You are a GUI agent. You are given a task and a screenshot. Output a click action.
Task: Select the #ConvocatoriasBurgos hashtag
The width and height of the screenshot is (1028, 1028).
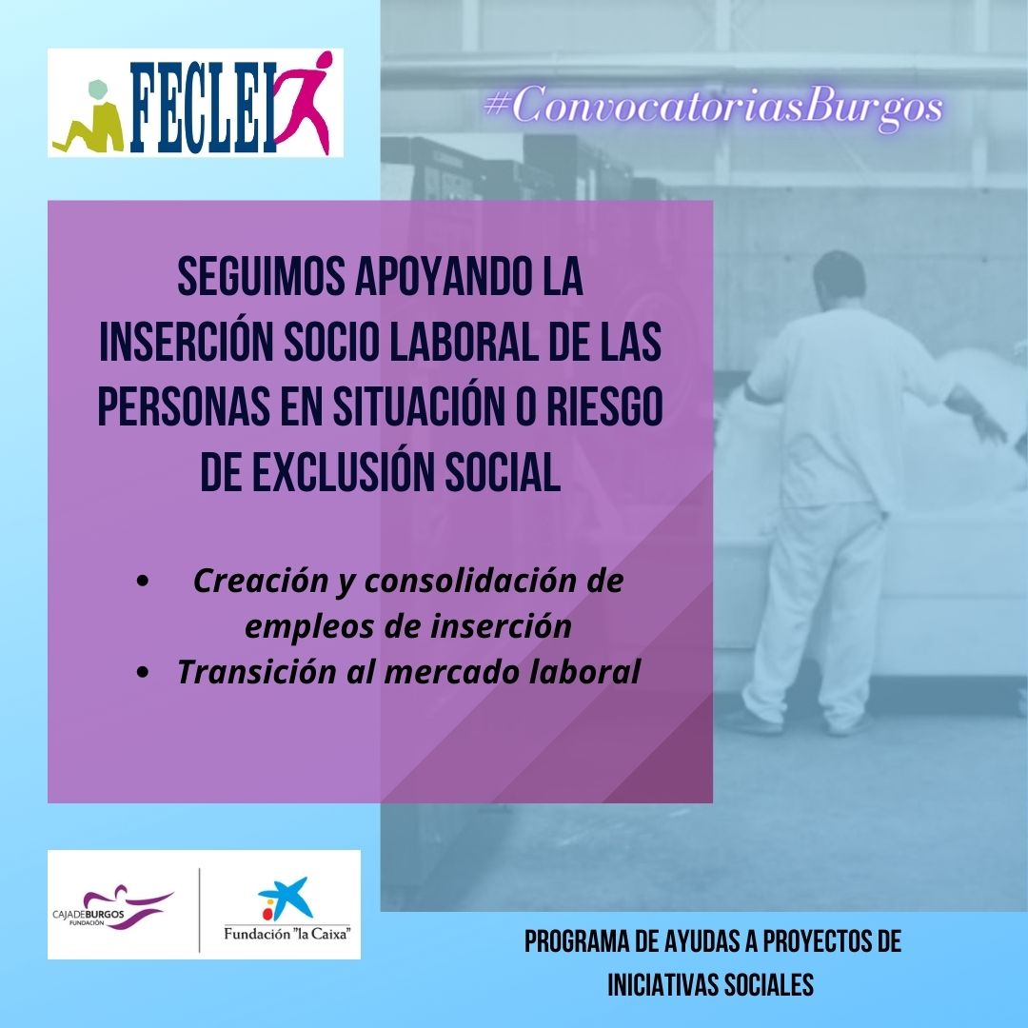[714, 107]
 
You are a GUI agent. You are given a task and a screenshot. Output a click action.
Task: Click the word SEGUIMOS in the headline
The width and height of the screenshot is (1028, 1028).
[262, 277]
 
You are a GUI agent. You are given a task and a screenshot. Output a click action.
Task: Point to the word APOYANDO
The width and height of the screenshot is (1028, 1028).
[443, 277]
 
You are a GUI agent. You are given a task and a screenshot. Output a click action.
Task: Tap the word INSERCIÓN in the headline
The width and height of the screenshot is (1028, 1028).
[187, 342]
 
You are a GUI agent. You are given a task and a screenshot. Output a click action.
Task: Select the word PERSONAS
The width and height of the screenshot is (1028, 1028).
[185, 406]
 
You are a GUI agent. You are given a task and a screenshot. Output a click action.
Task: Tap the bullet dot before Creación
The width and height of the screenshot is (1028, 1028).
[143, 582]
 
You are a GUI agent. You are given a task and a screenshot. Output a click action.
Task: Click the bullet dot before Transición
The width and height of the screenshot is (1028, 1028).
[143, 672]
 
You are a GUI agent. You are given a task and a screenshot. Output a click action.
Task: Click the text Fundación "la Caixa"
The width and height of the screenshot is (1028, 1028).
[287, 933]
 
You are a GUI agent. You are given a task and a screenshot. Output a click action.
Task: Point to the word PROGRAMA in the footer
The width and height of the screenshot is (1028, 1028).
[574, 941]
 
